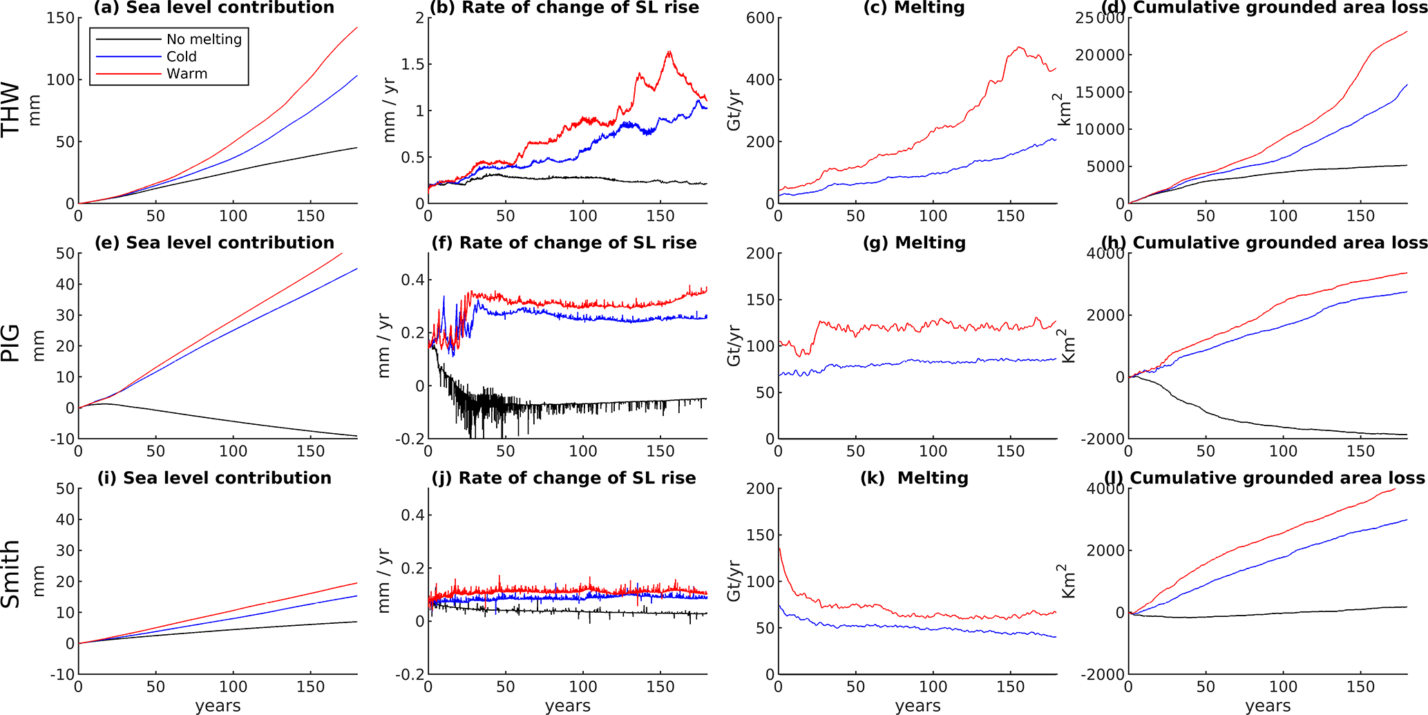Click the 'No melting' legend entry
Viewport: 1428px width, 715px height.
204,39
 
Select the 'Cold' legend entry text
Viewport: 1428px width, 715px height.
181,57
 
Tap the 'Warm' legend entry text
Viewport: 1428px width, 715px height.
187,74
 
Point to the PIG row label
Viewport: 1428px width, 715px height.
11,344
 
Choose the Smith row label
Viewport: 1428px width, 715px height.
11,575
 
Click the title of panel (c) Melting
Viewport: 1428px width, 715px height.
913,8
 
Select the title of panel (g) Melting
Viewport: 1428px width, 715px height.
914,242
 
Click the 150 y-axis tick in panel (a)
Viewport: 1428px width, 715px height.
60,18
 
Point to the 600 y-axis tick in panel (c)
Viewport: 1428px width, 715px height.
760,18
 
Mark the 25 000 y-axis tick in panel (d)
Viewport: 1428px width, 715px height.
1100,18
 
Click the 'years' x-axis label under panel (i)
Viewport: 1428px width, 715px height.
218,705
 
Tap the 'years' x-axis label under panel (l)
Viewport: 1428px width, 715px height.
1268,705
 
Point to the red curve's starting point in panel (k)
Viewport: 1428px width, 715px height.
779,548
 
